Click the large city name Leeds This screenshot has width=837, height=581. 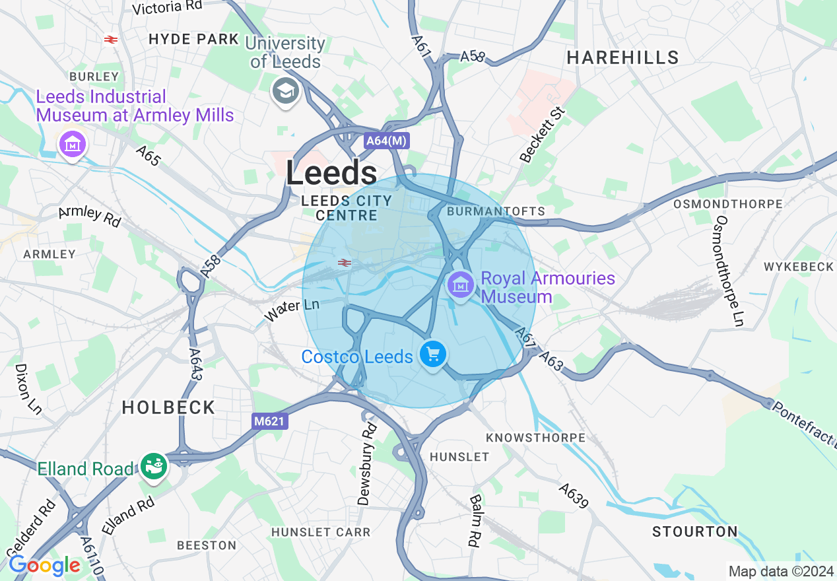[x=331, y=174]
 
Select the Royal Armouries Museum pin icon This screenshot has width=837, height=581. [x=461, y=286]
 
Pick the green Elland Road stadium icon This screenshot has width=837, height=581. [x=154, y=467]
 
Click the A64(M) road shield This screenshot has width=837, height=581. [x=387, y=141]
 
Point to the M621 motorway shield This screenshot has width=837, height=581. [x=270, y=421]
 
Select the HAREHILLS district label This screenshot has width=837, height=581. [x=623, y=58]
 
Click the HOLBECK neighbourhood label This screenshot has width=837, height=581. [x=168, y=407]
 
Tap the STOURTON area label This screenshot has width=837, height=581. [x=695, y=531]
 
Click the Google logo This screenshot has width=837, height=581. [x=44, y=565]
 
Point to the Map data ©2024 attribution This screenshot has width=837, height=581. [x=781, y=570]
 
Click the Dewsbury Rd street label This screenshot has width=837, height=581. [x=367, y=464]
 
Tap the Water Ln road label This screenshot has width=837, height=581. [x=292, y=310]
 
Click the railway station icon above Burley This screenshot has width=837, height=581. [x=111, y=40]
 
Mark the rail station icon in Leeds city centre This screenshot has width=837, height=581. [x=344, y=263]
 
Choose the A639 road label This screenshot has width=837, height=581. [x=573, y=496]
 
